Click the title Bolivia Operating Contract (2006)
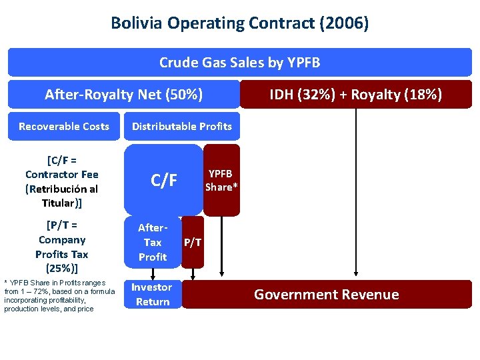point(239,24)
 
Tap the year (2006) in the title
point(344,24)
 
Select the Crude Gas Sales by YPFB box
point(239,63)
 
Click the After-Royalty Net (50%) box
point(124,95)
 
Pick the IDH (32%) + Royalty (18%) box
point(355,95)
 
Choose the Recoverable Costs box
point(64,127)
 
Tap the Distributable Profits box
point(182,127)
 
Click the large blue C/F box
point(164,180)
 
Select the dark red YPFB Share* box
point(221,180)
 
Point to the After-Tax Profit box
point(153,242)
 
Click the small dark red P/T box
point(193,242)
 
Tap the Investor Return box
point(151,295)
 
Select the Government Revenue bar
point(327,295)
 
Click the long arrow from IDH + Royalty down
point(357,193)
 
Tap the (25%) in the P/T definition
point(62,269)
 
